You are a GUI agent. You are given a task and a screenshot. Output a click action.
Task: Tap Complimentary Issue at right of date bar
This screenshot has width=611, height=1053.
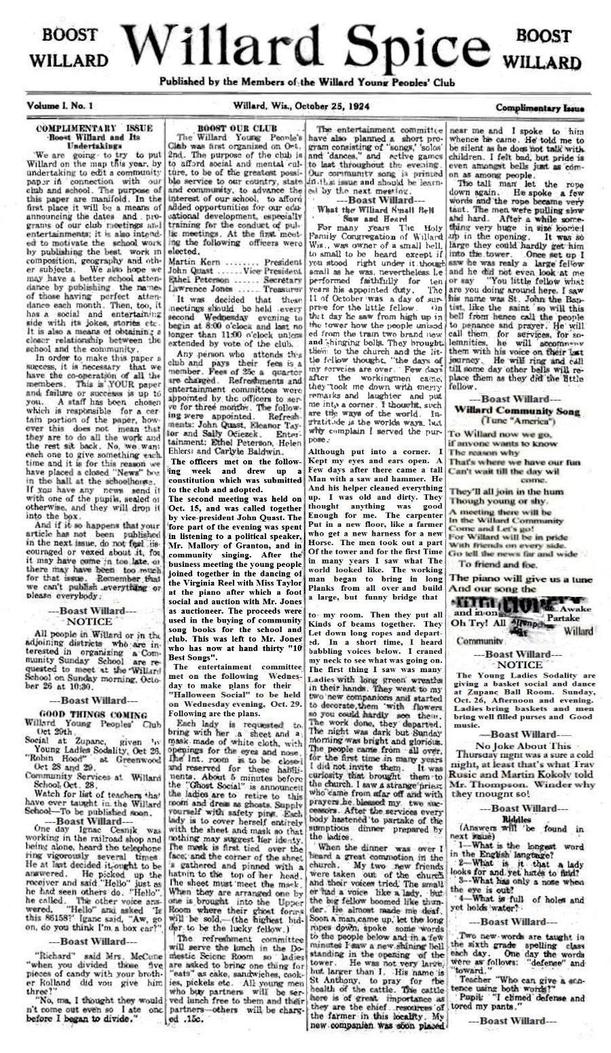pos(540,107)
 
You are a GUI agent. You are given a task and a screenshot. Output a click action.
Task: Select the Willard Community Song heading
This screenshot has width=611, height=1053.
pos(517,411)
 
